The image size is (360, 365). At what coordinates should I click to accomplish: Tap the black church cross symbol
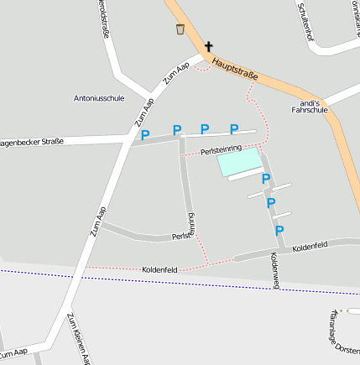click(x=208, y=47)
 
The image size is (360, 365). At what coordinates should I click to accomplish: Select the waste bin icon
click(x=180, y=29)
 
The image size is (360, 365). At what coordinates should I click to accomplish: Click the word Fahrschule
click(x=308, y=109)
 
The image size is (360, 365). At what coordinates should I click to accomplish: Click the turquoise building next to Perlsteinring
click(x=240, y=161)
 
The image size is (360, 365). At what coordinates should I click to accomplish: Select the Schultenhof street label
click(x=305, y=22)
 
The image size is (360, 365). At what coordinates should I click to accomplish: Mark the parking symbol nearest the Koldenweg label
click(x=279, y=230)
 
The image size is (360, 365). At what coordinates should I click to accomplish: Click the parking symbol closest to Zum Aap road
click(x=145, y=134)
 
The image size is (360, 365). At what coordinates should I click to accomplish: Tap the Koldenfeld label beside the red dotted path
click(x=159, y=269)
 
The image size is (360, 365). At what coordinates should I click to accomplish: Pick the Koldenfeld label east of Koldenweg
click(x=310, y=246)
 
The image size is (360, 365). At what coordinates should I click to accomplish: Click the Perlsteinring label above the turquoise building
click(x=221, y=149)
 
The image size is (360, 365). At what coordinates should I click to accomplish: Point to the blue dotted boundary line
click(x=210, y=283)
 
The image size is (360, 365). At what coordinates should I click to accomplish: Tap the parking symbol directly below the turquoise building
click(x=266, y=179)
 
